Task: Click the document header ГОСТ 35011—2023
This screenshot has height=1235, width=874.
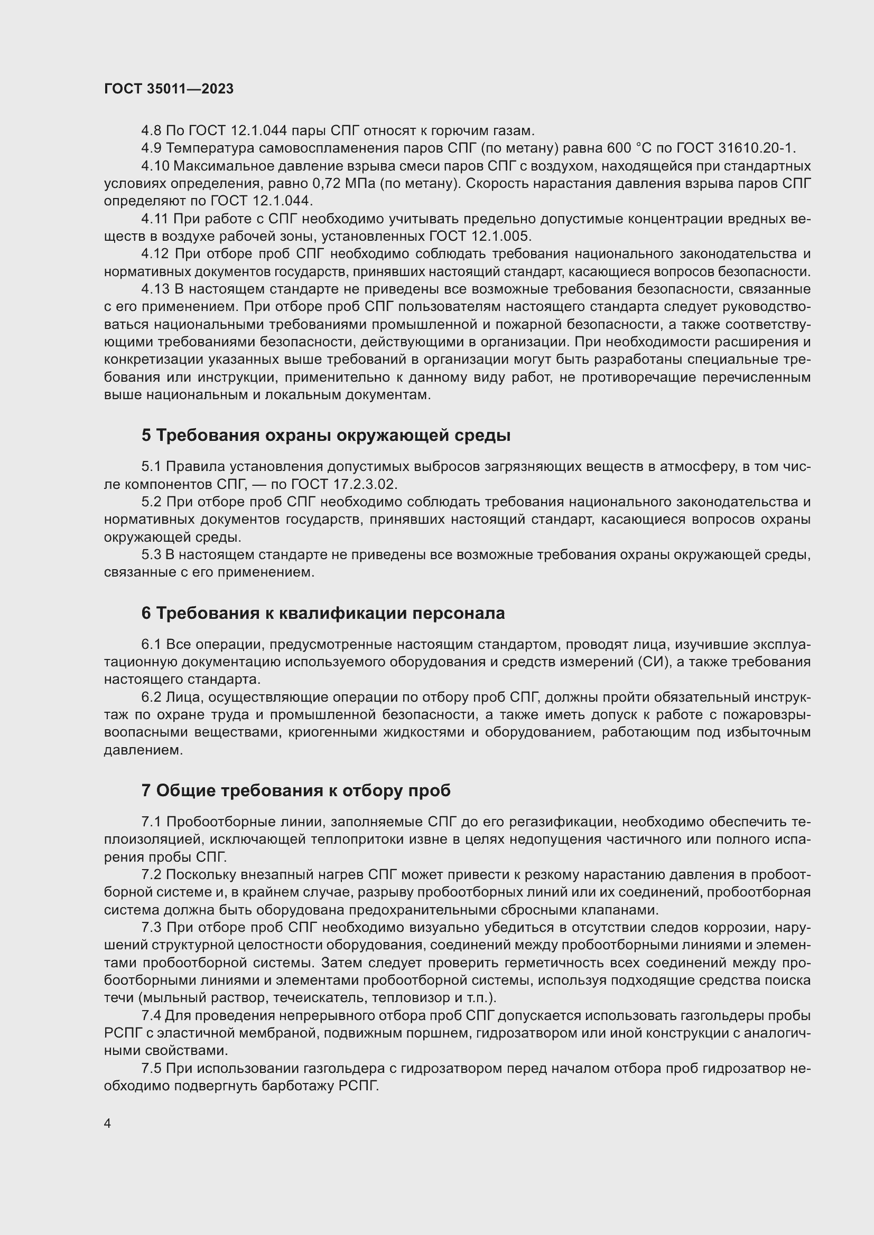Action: click(169, 89)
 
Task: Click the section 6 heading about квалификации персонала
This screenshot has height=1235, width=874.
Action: click(323, 612)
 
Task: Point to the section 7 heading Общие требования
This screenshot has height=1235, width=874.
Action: click(295, 790)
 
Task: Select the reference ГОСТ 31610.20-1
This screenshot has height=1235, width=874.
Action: click(736, 147)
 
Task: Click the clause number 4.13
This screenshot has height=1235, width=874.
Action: click(155, 289)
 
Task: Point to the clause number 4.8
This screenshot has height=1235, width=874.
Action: click(151, 130)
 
